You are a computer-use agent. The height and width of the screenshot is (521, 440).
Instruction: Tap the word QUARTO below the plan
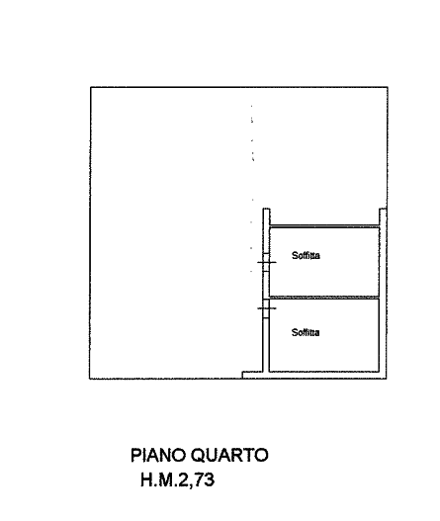[230, 455]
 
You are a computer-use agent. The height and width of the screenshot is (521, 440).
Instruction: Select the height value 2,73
[197, 480]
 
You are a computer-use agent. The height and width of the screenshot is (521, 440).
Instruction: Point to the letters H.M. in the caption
[159, 480]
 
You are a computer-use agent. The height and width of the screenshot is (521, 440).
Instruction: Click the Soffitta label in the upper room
[306, 255]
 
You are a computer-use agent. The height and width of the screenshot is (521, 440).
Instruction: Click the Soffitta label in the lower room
[306, 332]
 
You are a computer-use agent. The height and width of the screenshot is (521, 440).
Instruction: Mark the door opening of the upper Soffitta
[266, 263]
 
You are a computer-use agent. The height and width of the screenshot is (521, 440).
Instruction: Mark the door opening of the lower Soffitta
[266, 308]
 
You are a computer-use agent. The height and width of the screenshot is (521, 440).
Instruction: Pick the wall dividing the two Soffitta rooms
[324, 298]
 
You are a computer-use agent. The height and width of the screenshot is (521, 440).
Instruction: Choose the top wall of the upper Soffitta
[324, 226]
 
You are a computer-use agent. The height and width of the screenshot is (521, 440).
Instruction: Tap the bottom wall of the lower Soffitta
[324, 371]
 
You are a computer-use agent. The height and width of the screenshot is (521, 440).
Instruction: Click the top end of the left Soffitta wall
[266, 209]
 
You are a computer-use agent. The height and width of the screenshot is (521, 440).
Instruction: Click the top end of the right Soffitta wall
[383, 209]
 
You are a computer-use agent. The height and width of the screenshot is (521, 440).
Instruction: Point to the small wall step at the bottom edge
[252, 375]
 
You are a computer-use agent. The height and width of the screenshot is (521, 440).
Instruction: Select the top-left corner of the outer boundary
[91, 87]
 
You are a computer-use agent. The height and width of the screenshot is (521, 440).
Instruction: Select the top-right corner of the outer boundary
[388, 87]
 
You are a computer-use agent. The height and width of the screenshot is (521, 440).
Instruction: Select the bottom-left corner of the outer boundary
[90, 379]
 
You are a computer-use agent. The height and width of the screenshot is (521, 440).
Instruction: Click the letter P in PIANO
[135, 455]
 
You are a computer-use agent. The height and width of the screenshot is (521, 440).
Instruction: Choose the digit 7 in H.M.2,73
[199, 479]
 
